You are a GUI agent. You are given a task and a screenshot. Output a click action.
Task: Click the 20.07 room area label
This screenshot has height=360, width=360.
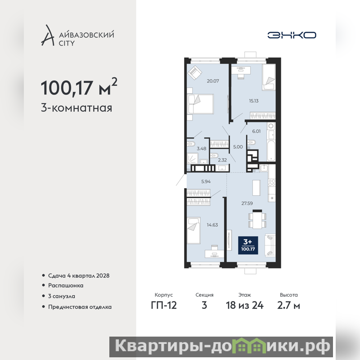point(213,81)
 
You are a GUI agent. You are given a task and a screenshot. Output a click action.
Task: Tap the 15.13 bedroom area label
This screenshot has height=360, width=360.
point(254,100)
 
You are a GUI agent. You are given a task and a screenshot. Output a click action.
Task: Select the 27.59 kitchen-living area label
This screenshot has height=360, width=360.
point(247,203)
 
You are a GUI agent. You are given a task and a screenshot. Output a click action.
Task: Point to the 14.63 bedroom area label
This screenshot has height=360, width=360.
point(212,225)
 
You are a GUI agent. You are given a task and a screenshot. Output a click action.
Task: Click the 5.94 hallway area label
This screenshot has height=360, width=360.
point(206,181)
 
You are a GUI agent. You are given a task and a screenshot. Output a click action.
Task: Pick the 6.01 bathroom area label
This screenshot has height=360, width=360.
point(256,131)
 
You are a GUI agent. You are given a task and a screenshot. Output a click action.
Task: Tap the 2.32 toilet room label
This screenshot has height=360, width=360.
point(222,160)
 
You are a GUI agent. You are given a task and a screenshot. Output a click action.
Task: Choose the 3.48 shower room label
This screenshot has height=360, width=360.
point(202,148)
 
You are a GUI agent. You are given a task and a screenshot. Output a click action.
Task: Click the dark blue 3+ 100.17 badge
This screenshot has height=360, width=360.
point(248,245)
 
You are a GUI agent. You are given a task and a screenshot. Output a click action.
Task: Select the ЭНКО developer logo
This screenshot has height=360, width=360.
point(292,35)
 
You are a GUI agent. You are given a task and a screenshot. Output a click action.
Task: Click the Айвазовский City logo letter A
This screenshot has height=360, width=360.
point(48,35)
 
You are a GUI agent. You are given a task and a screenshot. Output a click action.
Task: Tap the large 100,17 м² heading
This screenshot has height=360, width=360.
point(79,87)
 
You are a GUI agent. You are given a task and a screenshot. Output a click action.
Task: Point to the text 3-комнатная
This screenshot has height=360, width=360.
point(76,108)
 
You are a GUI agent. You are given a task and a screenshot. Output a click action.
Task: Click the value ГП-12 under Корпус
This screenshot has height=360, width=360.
point(164,306)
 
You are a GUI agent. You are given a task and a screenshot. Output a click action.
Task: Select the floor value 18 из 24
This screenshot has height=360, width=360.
point(245,306)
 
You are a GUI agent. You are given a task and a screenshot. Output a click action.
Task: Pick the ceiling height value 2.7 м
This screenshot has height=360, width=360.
point(288,306)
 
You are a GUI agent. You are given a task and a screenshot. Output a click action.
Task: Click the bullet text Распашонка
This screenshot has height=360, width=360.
point(66,285)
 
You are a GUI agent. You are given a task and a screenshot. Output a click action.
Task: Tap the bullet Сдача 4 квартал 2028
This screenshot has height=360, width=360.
point(79,275)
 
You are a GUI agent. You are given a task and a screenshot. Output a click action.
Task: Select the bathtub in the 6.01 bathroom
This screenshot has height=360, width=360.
point(271,151)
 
